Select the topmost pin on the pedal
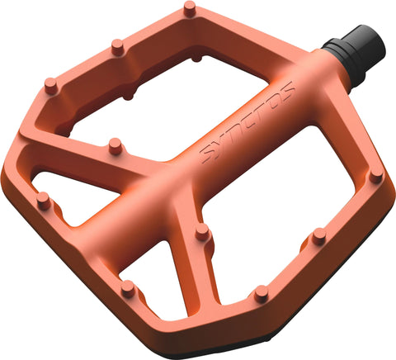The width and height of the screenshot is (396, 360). [x=190, y=9]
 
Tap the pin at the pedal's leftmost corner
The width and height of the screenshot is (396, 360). [x=43, y=199]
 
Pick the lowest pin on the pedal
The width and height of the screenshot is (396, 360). [x=261, y=293]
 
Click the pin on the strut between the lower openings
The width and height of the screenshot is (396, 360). [x=203, y=233]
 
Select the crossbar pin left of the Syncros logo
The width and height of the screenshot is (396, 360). [x=115, y=146]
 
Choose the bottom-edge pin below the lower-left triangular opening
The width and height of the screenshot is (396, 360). [x=127, y=287]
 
